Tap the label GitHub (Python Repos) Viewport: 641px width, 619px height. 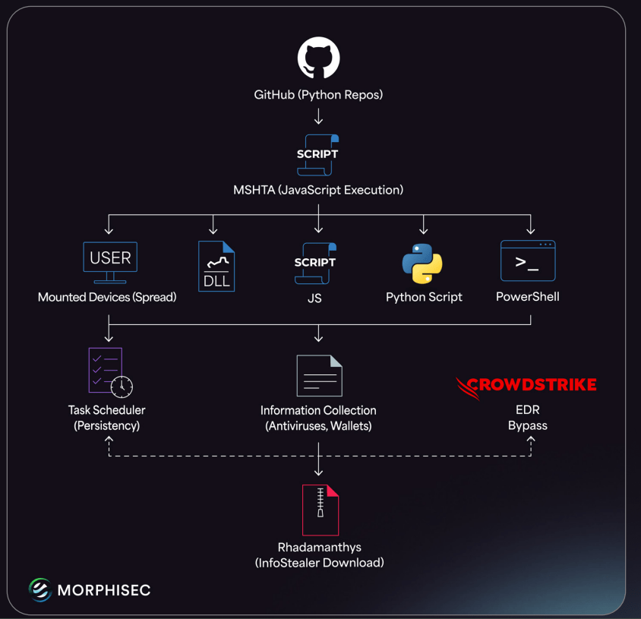click(318, 96)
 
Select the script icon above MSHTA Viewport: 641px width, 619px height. click(317, 155)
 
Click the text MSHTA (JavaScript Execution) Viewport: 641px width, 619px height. click(318, 190)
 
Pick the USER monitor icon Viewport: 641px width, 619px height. click(110, 261)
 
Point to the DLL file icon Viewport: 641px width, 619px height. click(216, 267)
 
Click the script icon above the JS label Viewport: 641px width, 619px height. click(315, 263)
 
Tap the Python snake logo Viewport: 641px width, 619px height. click(422, 264)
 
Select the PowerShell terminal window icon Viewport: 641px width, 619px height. click(528, 261)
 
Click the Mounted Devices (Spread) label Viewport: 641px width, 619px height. click(107, 297)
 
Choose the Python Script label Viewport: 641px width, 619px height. click(424, 297)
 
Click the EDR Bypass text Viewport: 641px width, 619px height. click(528, 418)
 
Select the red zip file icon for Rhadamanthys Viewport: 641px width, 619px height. click(320, 510)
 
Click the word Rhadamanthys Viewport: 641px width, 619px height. click(319, 548)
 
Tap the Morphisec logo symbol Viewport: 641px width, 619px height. click(39, 589)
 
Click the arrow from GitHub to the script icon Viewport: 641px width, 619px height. click(318, 117)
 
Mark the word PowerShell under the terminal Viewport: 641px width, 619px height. click(528, 297)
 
